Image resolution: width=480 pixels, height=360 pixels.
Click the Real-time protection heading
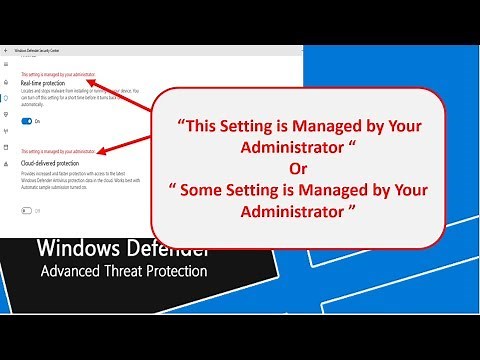(43, 83)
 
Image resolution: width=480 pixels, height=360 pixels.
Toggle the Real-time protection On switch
(27, 120)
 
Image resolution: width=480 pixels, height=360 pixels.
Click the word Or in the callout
(296, 165)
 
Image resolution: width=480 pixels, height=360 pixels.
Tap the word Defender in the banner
(165, 248)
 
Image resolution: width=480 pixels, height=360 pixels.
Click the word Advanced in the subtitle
(73, 272)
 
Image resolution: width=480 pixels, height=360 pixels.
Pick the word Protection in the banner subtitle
(180, 272)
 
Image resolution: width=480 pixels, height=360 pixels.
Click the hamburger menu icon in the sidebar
(7, 64)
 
